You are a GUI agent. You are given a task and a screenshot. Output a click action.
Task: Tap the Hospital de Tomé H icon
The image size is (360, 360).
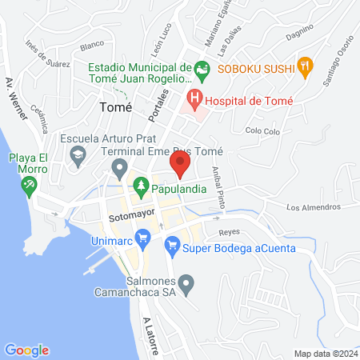tap(193, 100)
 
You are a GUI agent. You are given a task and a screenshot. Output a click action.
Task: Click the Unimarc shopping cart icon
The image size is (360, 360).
tap(143, 236)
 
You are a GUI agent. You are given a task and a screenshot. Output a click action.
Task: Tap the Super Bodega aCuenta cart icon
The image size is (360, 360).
tap(171, 247)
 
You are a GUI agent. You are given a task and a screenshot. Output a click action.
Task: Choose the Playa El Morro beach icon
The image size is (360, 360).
tap(30, 185)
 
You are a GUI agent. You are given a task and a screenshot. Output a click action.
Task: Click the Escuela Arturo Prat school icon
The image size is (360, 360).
tap(78, 158)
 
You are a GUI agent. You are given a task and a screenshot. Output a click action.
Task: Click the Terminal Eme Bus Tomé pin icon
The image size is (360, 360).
tap(120, 168)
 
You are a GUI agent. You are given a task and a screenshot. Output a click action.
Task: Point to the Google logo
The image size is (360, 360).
tap(26, 350)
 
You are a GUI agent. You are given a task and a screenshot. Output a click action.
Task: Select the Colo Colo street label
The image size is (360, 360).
tap(265, 130)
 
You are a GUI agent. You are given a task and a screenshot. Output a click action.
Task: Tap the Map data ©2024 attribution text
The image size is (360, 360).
tap(325, 354)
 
